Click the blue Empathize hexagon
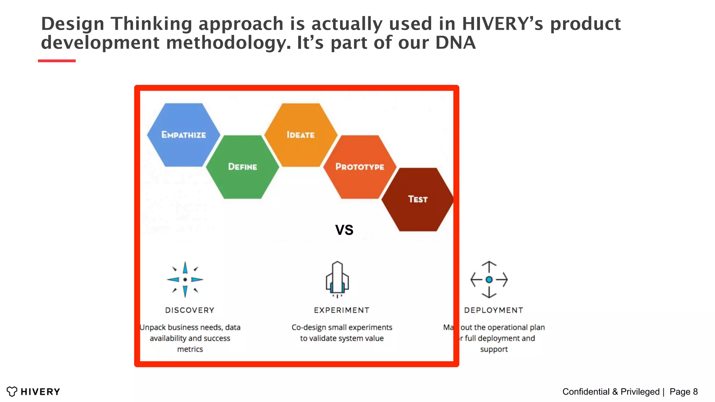coord(184,135)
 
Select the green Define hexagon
coord(243,167)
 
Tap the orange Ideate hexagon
coord(301,135)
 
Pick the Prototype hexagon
coord(360,167)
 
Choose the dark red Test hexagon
coord(418,199)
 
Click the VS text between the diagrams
coord(344,230)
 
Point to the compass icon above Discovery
coord(185,280)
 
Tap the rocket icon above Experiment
coord(337,280)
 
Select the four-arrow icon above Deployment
coord(489,280)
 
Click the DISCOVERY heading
coord(190,310)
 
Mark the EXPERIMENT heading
coord(342,310)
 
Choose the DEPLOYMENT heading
coord(494,310)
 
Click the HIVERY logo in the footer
coord(34,392)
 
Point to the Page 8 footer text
coord(684,392)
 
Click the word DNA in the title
coord(455,43)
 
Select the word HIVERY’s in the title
coord(503,24)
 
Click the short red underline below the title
coord(57,61)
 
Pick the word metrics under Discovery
coord(190,349)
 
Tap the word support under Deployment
coord(494,349)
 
